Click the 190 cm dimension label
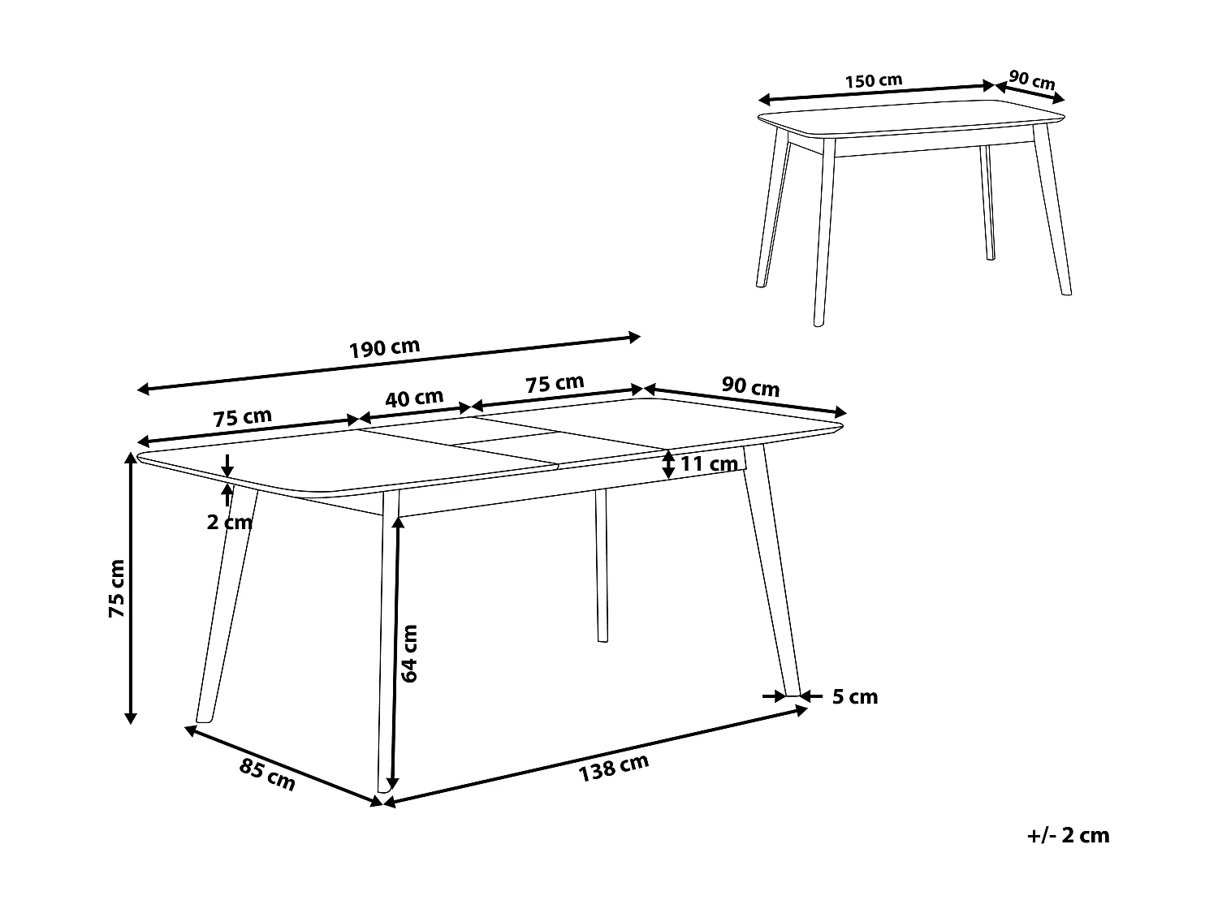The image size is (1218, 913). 385,348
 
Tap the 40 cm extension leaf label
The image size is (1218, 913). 414,398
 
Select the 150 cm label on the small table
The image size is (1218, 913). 874,80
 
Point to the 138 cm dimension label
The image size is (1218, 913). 614,768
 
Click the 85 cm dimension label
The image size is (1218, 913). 267,774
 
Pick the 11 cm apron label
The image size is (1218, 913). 709,464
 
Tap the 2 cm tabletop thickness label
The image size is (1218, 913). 229,522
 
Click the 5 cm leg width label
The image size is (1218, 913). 855,696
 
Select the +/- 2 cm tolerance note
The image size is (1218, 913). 1068,835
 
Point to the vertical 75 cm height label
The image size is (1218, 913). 118,588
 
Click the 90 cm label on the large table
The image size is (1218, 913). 750,387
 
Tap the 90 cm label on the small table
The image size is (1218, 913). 1032,81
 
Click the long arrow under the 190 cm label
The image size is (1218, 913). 390,363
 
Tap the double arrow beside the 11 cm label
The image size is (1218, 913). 668,464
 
